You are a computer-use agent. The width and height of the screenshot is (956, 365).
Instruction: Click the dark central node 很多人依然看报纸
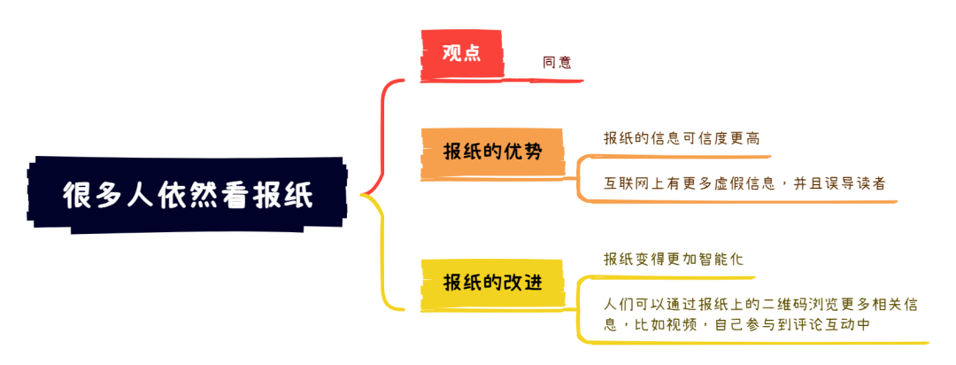click(188, 195)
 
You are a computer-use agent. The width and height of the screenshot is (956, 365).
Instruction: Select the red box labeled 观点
click(461, 54)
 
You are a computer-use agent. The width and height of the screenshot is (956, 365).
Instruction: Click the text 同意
click(557, 62)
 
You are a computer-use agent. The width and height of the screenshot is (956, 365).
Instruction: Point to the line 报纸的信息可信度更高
click(682, 138)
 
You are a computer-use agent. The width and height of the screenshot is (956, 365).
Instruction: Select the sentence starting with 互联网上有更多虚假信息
click(744, 183)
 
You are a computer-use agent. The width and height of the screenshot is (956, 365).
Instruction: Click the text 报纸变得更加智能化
click(674, 260)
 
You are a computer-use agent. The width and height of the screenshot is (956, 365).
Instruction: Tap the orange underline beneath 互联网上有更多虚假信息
click(737, 201)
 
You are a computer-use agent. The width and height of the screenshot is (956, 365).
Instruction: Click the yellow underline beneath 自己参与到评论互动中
click(752, 343)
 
